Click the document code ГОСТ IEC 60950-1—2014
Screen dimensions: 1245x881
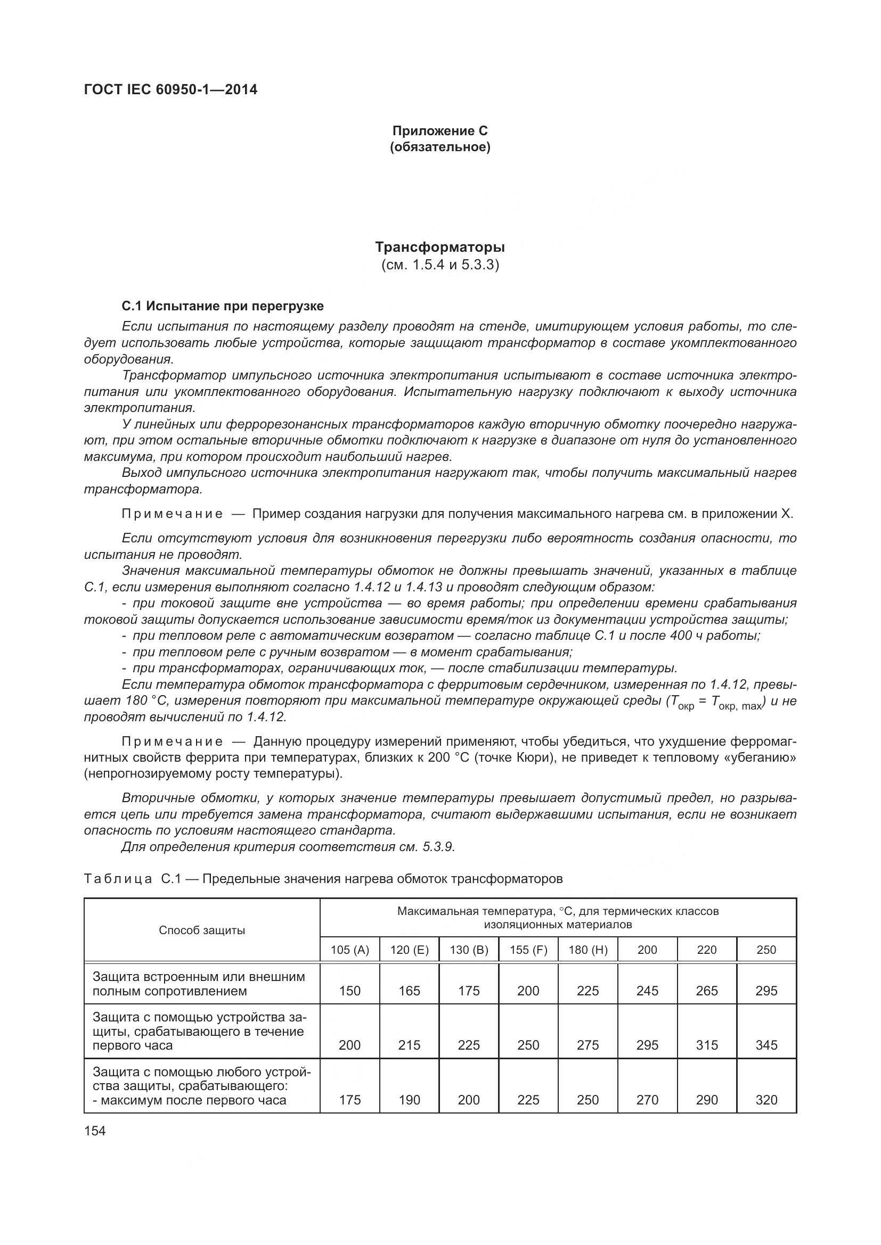point(170,89)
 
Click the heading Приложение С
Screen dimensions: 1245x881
point(439,131)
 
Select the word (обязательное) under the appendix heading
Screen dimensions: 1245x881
point(439,147)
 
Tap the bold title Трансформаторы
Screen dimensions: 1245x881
point(439,248)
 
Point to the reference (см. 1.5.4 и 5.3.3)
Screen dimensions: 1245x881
point(439,265)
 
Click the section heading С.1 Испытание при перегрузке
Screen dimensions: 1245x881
point(223,307)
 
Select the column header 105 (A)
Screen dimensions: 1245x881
point(349,950)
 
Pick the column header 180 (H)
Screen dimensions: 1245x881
point(588,950)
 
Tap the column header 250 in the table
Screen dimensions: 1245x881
point(766,950)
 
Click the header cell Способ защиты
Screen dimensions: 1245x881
point(202,930)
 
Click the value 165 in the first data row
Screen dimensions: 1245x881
point(409,991)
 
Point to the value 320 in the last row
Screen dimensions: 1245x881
point(766,1100)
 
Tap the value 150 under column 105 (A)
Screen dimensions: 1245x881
point(349,991)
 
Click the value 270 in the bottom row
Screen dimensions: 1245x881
point(647,1100)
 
